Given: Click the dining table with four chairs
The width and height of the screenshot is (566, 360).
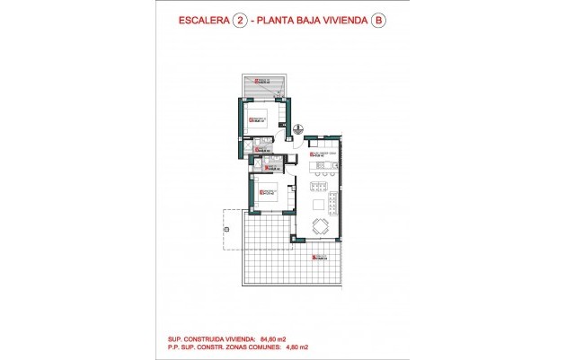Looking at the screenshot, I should [x=319, y=226].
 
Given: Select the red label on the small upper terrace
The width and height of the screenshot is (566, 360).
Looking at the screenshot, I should [x=263, y=81].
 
